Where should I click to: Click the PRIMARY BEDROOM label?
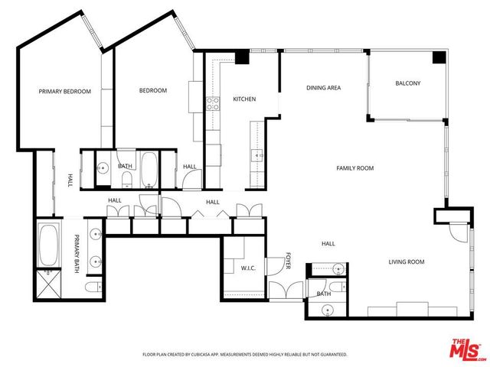65,92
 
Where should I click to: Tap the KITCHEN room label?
244,99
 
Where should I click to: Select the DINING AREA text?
323,88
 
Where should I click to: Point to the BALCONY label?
407,83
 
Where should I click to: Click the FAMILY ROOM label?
355,168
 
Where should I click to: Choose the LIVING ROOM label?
406,262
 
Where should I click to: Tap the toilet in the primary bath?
91,287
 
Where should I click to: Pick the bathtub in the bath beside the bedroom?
149,169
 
